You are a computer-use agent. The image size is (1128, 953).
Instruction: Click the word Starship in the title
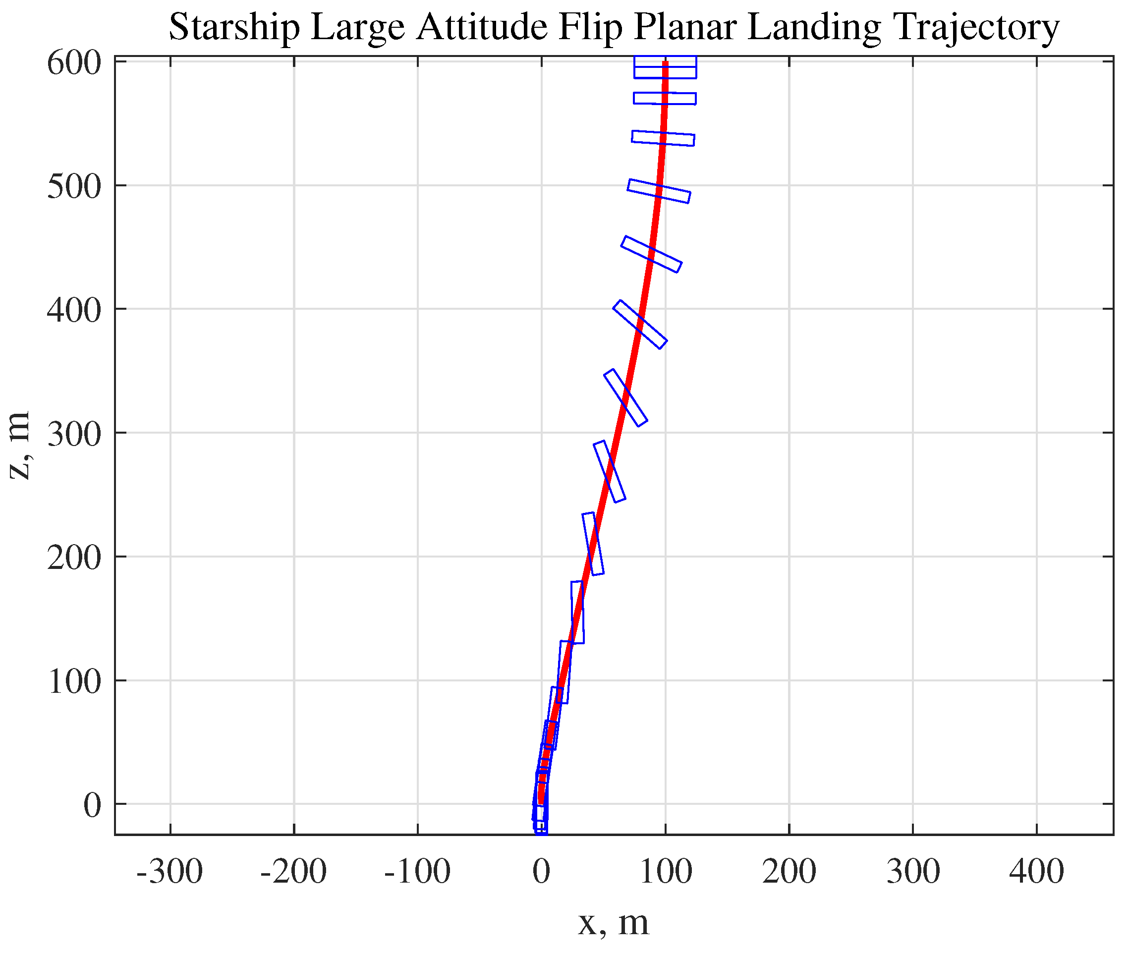pos(234,27)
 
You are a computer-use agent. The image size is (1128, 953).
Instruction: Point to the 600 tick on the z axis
pos(74,64)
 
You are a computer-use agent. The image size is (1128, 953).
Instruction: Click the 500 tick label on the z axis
pos(74,187)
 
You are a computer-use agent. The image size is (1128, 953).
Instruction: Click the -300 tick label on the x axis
pos(169,871)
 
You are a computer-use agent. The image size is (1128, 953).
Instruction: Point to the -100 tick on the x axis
pos(417,871)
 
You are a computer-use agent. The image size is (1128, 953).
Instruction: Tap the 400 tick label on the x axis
pos(1036,871)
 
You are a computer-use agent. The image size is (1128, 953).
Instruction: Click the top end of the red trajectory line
pos(666,64)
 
